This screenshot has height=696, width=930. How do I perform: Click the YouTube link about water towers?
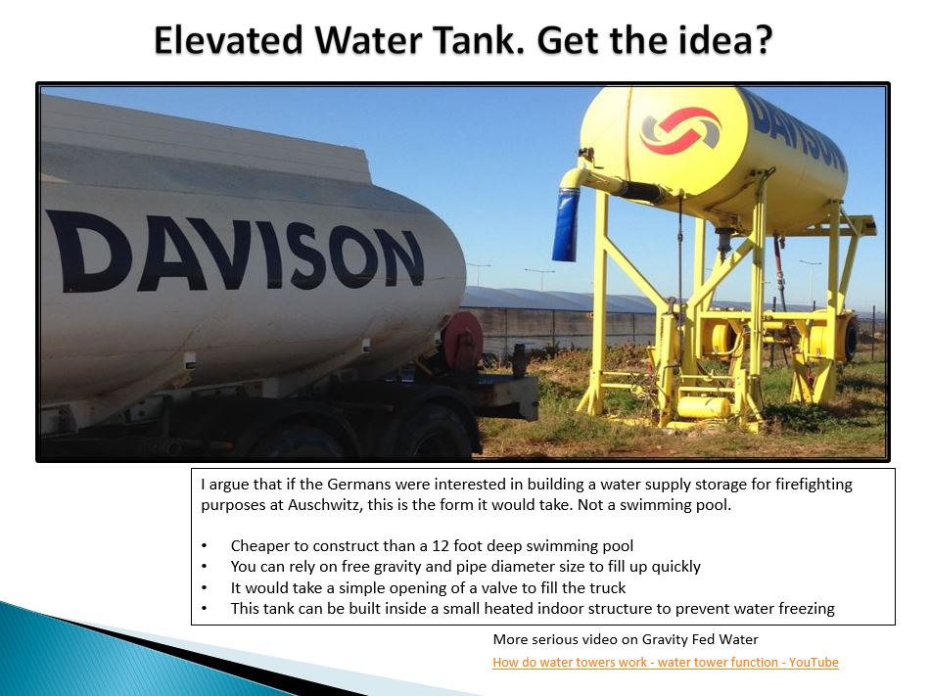coord(666,662)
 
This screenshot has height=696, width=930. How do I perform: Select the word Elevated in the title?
coord(228,40)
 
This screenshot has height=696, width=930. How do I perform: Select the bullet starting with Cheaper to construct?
coord(432,546)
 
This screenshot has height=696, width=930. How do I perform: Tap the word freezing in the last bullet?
coord(806,610)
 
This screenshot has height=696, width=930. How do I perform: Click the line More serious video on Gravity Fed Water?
coord(626,639)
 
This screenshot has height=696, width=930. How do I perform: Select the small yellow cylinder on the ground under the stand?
coord(703,406)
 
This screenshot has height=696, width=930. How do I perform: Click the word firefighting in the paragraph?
coord(814,485)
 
